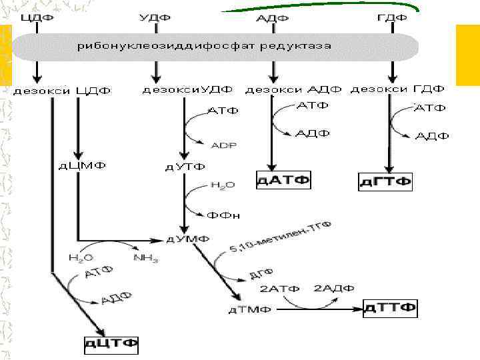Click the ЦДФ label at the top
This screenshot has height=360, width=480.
click(37, 16)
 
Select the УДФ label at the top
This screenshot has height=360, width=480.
click(156, 16)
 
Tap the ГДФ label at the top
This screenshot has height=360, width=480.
click(391, 16)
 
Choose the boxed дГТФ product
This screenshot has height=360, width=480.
click(386, 181)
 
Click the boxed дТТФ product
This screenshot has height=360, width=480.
click(391, 308)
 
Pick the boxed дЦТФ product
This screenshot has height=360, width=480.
click(111, 344)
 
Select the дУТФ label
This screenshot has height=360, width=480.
click(185, 166)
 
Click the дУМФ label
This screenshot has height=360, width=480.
click(187, 239)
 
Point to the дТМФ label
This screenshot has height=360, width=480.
click(246, 309)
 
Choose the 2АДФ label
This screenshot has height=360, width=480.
click(334, 289)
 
